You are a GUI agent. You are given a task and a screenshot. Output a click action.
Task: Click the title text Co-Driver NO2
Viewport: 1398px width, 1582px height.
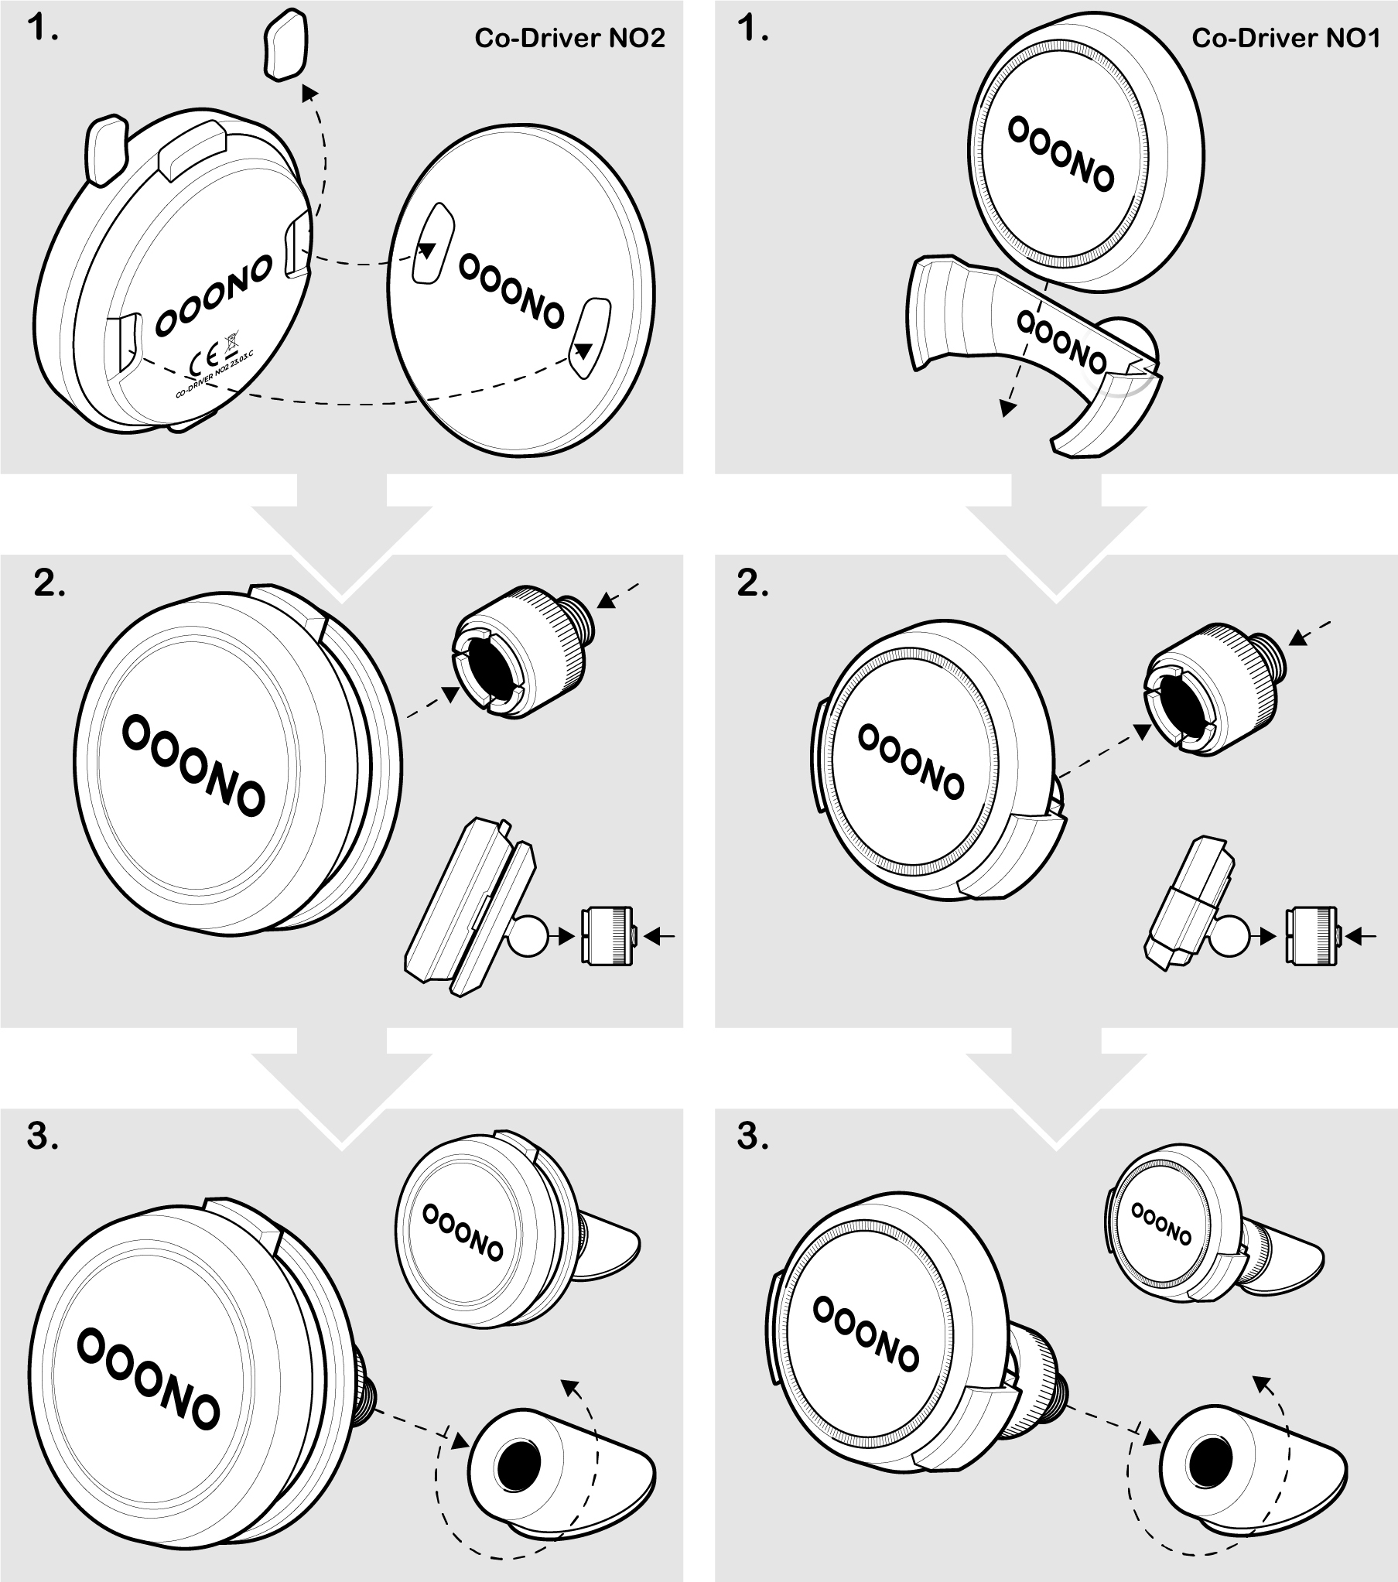coord(569,38)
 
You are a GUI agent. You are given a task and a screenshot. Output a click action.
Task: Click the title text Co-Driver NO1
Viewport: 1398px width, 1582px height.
coord(1286,38)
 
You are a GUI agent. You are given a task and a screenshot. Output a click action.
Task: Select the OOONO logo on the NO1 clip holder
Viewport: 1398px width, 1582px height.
coord(1061,341)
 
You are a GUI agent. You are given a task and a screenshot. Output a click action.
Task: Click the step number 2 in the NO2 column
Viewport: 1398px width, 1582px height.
coord(50,584)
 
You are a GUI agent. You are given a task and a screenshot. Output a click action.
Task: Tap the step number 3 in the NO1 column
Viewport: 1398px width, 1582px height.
coord(754,1137)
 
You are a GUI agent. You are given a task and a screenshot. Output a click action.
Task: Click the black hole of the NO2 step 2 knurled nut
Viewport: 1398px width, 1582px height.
coord(487,665)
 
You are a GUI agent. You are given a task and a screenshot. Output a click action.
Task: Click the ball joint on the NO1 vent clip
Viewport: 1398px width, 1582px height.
coord(1231,936)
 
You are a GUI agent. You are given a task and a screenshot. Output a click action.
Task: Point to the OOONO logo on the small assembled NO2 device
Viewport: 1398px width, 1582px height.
coord(463,1232)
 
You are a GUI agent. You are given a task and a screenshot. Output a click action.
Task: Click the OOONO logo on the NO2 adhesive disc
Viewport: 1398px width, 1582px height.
coord(511,291)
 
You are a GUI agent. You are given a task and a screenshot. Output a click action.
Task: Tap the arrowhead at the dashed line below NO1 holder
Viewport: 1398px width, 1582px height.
coord(1007,408)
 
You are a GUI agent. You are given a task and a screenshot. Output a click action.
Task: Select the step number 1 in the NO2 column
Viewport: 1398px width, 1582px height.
coord(43,30)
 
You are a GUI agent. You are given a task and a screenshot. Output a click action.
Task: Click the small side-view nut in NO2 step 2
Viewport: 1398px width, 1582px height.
coord(607,936)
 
